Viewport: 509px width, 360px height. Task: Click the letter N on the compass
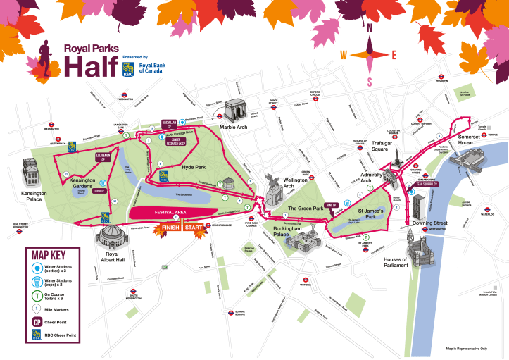click(369, 27)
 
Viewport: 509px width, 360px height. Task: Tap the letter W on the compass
click(344, 55)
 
